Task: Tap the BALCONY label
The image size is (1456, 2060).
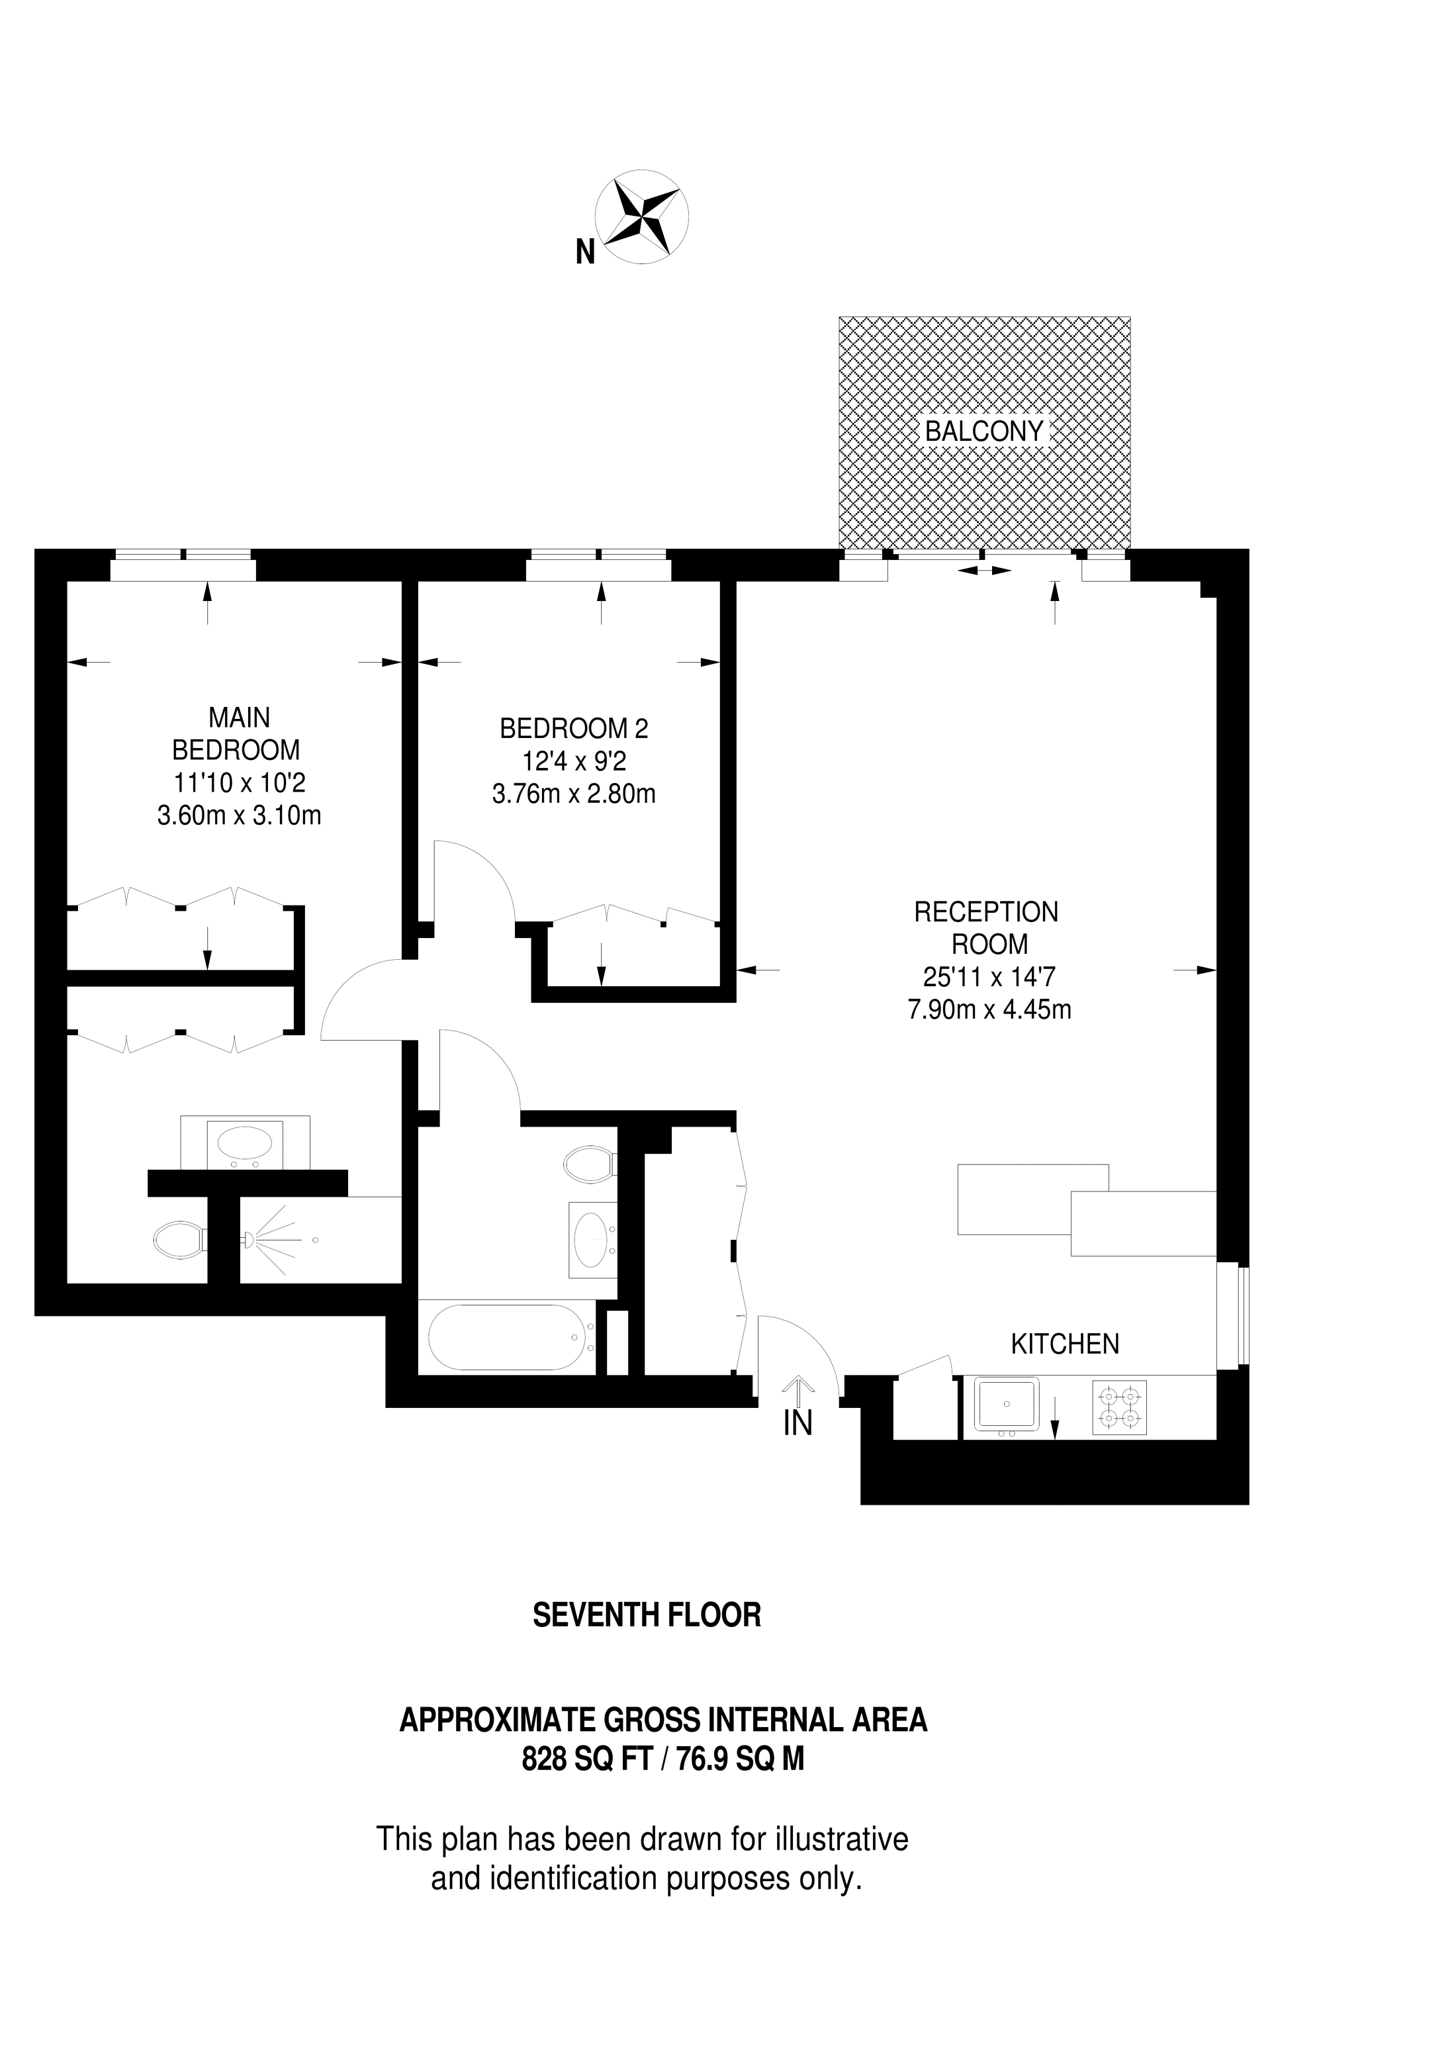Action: tap(984, 432)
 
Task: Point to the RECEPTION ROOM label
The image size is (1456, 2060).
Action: tap(987, 927)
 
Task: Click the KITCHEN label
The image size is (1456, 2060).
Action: tap(1065, 1343)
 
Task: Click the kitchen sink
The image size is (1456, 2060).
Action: tap(1006, 1404)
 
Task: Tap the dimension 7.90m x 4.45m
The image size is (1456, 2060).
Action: tap(989, 1009)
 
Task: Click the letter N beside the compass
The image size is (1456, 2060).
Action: tap(585, 252)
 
